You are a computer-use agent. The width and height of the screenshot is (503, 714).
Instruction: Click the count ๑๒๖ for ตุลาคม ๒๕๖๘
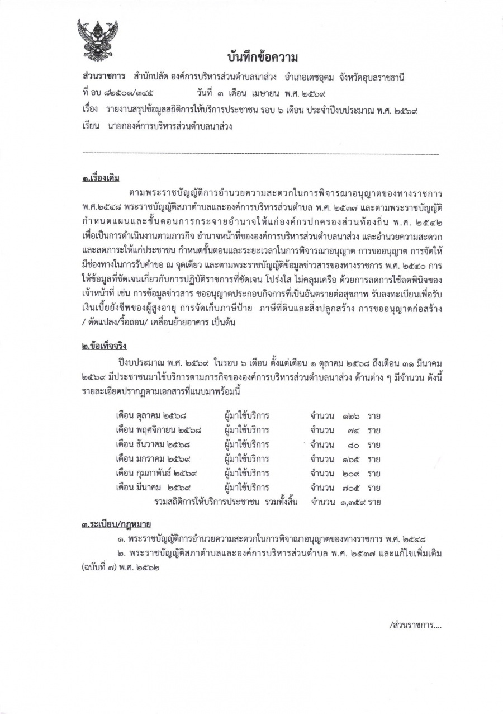point(350,416)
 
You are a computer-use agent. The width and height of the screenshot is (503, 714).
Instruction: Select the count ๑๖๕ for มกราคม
point(350,460)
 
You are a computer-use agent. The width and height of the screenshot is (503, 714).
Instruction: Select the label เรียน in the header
point(90,126)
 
